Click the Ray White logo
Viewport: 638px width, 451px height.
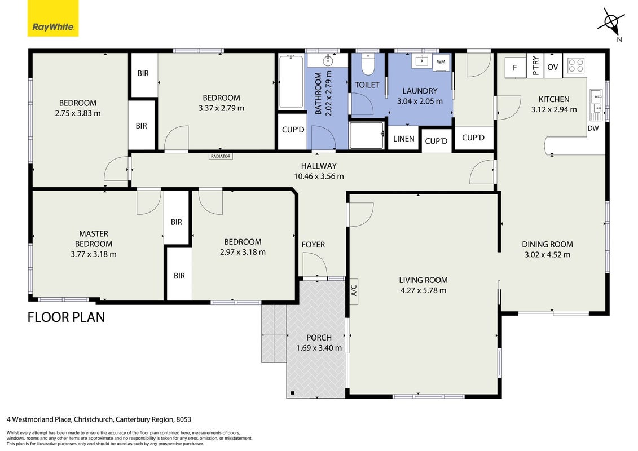point(53,18)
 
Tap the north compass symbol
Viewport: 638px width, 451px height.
point(611,23)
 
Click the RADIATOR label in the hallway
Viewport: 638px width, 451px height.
point(221,156)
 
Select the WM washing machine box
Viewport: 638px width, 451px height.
point(441,62)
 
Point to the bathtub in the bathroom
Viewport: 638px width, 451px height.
point(291,82)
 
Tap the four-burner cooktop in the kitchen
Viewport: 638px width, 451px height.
point(576,65)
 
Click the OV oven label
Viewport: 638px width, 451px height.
point(553,67)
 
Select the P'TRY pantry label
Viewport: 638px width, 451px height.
point(535,65)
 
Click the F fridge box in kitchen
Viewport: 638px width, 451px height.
point(515,67)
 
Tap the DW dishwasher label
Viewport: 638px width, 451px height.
point(593,128)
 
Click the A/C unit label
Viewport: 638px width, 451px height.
point(354,290)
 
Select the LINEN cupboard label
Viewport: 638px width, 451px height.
point(404,139)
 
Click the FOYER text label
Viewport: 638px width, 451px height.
point(313,245)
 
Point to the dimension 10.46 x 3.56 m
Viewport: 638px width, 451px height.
point(319,176)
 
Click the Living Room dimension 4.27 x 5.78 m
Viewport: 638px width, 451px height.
point(423,290)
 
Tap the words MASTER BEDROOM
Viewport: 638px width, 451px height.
point(94,238)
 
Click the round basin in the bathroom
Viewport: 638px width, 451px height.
point(328,61)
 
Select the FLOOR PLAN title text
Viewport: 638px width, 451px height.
point(66,317)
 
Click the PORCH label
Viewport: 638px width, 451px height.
point(319,338)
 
